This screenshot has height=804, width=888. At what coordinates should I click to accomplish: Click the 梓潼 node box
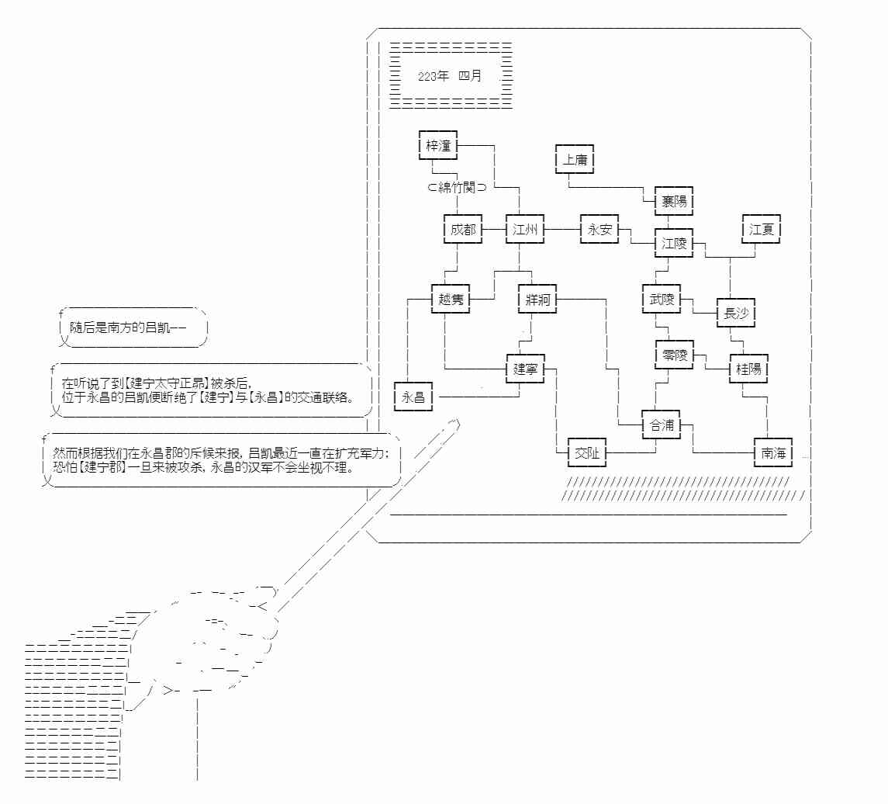click(x=438, y=145)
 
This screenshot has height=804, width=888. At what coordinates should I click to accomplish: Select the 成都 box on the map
click(x=463, y=230)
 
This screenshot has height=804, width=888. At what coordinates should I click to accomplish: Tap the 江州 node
click(x=526, y=230)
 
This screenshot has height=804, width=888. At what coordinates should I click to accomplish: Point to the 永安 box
click(x=599, y=230)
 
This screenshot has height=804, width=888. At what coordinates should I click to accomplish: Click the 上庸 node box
click(x=575, y=160)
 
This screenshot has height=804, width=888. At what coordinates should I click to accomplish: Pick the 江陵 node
click(x=673, y=243)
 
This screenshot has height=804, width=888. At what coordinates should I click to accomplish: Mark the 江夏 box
click(x=761, y=230)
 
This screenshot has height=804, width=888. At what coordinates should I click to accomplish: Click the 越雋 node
click(x=451, y=300)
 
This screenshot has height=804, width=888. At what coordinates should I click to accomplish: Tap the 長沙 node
click(x=735, y=314)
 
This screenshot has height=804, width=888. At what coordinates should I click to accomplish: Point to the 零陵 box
click(x=673, y=355)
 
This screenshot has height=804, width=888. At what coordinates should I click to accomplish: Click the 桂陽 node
click(x=748, y=369)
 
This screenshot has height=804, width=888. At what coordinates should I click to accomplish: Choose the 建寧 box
click(x=525, y=369)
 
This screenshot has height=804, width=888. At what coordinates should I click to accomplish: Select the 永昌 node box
click(x=413, y=397)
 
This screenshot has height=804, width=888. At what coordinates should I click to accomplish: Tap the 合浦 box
click(x=661, y=425)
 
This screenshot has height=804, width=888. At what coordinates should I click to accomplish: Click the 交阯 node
click(x=587, y=453)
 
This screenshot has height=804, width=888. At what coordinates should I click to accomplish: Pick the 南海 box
click(x=773, y=452)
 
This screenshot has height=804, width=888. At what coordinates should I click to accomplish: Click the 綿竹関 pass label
click(x=457, y=188)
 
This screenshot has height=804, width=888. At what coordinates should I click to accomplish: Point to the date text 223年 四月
click(x=450, y=76)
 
